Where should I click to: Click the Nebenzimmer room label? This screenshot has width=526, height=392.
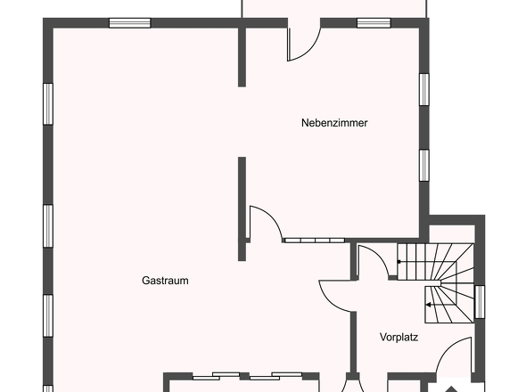click(x=334, y=123)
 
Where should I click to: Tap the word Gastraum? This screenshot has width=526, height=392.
click(x=165, y=281)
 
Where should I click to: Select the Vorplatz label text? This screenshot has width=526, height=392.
click(x=399, y=337)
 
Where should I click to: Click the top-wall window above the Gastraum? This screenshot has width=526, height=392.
click(x=130, y=23)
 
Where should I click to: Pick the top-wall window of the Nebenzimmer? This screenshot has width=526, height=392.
click(x=374, y=23)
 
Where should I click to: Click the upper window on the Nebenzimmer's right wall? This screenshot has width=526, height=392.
click(x=424, y=89)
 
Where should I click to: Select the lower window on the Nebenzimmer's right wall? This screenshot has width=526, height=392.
click(x=424, y=165)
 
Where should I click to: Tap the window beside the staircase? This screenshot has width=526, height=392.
click(x=480, y=302)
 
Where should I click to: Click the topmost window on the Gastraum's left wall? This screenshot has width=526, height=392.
click(x=48, y=104)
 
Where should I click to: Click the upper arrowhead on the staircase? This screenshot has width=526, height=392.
click(x=399, y=262)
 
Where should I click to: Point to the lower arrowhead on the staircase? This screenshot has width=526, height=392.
click(x=429, y=305)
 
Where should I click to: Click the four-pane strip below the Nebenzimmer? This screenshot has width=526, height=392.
click(x=315, y=240)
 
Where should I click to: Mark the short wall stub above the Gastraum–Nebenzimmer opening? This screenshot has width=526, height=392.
click(x=242, y=57)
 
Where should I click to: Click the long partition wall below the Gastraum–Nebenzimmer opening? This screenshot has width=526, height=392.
click(x=242, y=208)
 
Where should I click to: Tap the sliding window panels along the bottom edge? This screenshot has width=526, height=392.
click(x=247, y=376)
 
